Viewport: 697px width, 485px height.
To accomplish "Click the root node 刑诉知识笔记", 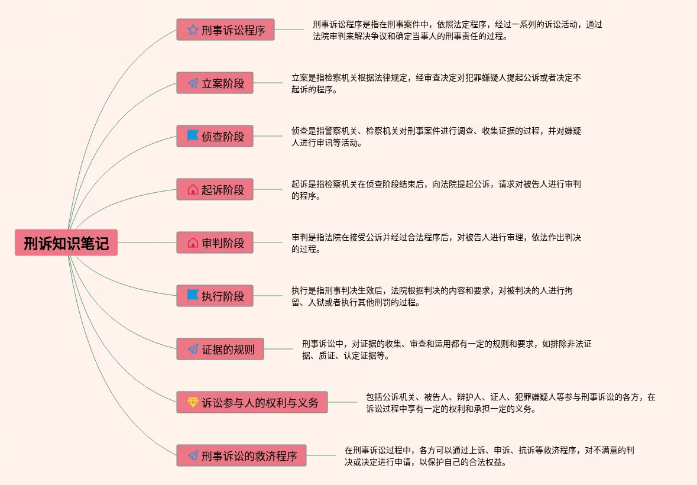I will tap(66, 242).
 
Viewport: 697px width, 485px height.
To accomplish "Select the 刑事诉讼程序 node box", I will tap(225, 30).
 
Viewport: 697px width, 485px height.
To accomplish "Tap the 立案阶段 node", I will tap(215, 83).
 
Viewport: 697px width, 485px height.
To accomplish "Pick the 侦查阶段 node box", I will tap(215, 136).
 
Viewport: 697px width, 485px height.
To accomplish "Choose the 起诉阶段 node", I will tap(215, 189).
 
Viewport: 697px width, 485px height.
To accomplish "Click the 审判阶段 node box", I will tap(215, 242).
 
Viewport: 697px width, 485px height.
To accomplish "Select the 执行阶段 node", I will tap(215, 296).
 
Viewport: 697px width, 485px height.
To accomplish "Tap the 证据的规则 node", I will tap(220, 349).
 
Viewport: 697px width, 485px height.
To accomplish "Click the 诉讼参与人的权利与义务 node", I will tap(252, 402).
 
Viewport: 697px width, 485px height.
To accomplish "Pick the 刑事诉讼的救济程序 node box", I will tap(241, 455).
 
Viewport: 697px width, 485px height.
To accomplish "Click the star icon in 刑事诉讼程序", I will tap(193, 30).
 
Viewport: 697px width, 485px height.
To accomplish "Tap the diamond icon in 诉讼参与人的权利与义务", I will tap(193, 402).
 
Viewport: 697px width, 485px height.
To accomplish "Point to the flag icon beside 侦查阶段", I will tap(193, 136).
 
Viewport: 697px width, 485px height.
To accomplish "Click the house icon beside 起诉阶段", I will tap(193, 190).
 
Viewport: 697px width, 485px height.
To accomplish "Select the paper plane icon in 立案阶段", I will tap(193, 83).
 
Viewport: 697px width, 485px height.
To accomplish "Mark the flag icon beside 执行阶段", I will tap(193, 296).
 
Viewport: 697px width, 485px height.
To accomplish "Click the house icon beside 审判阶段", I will tap(193, 243).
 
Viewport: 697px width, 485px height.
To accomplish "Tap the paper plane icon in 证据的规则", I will tap(193, 349).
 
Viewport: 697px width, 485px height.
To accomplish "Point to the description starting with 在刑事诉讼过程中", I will tap(489, 456).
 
